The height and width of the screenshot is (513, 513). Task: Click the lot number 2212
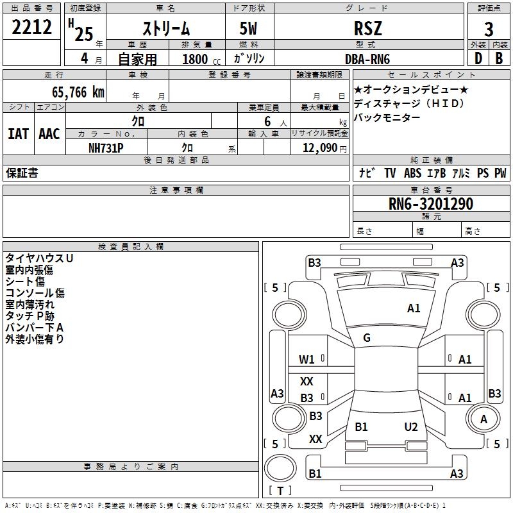(31, 27)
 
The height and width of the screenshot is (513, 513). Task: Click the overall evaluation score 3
(489, 29)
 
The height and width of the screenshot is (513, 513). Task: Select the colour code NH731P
(106, 147)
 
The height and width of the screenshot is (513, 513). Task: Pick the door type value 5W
(249, 28)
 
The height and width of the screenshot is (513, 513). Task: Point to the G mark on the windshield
(367, 338)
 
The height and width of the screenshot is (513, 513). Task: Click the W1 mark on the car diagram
(307, 359)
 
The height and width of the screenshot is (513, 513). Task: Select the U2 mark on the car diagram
(411, 427)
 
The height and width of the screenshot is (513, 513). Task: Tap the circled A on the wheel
(484, 419)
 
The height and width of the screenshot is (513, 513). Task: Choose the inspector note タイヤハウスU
(39, 258)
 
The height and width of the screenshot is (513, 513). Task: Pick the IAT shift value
(18, 133)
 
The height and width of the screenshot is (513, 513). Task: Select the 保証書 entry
(22, 173)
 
